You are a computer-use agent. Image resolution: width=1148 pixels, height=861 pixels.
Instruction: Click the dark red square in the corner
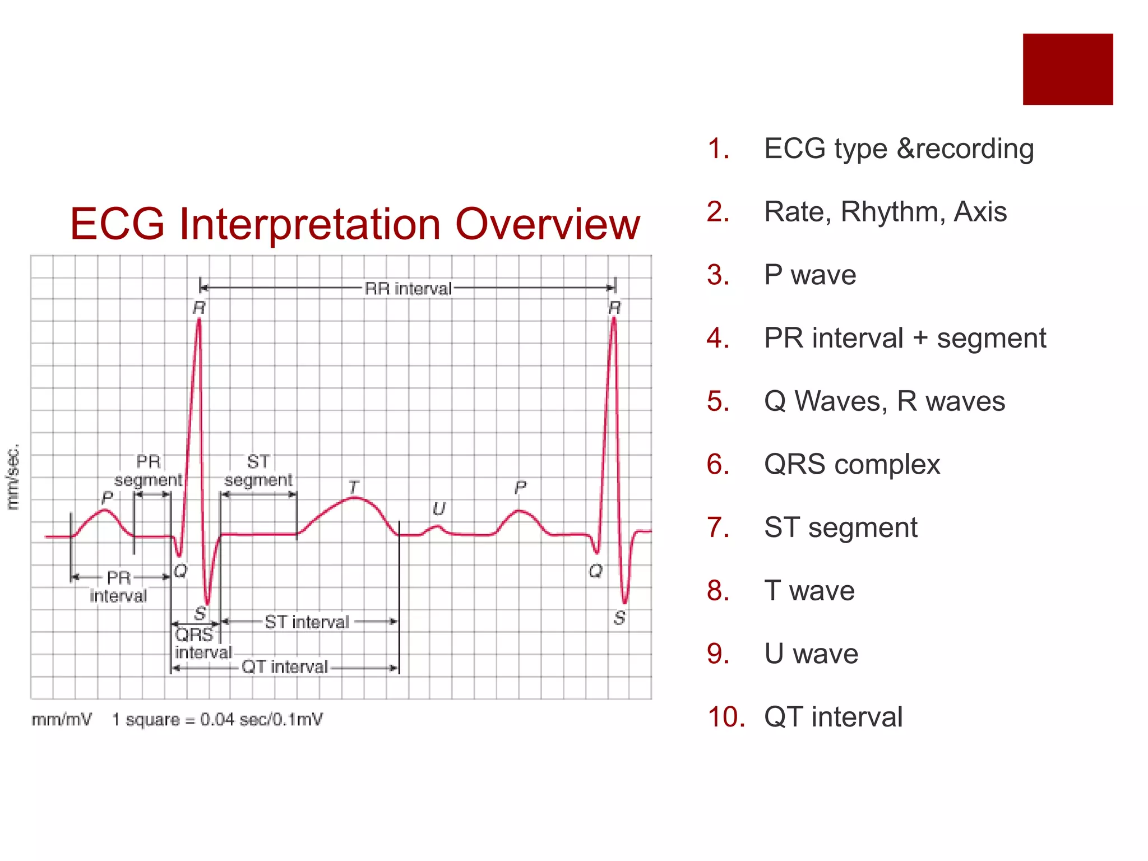click(x=1067, y=69)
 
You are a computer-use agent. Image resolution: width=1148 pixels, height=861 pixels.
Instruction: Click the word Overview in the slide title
click(x=547, y=224)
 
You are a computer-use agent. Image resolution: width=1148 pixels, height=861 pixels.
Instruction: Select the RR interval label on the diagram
click(x=408, y=289)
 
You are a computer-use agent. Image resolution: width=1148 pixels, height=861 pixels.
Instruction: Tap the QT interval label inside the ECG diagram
click(x=284, y=666)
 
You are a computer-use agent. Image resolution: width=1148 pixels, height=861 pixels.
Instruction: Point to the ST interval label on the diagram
click(x=307, y=622)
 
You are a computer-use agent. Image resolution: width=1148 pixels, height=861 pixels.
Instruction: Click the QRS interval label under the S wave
click(x=202, y=644)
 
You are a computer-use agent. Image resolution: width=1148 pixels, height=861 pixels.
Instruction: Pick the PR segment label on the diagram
click(x=149, y=470)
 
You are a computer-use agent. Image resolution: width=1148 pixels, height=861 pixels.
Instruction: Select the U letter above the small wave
click(x=438, y=509)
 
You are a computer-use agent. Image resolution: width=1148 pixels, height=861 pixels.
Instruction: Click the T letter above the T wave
click(x=353, y=487)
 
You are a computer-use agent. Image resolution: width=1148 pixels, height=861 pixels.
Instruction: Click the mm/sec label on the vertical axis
click(x=13, y=476)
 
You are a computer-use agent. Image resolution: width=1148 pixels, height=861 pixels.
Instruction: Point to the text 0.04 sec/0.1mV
click(x=261, y=719)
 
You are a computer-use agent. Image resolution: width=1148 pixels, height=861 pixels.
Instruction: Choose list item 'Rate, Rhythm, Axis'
click(x=885, y=212)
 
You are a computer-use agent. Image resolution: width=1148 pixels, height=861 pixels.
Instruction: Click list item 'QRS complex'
click(x=851, y=464)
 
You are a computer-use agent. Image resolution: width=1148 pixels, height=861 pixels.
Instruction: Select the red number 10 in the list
click(x=726, y=717)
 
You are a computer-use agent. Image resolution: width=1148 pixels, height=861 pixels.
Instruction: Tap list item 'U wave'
click(x=811, y=654)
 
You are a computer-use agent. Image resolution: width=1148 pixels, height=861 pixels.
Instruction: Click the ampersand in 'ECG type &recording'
click(x=906, y=149)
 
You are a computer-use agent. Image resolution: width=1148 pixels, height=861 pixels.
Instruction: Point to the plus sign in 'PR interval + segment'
click(x=920, y=339)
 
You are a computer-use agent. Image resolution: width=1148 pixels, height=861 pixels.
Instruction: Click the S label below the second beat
click(x=619, y=618)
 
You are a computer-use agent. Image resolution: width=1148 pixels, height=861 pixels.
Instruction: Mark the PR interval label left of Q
click(x=118, y=586)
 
